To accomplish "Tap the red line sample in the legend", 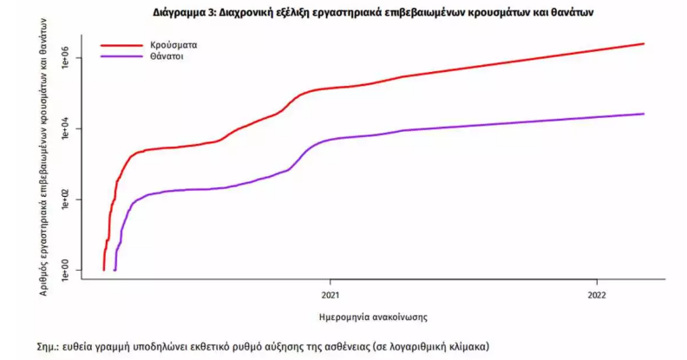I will tap(120, 43).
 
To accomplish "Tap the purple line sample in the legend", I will tap(120, 56).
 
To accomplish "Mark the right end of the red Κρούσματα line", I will tap(644, 43).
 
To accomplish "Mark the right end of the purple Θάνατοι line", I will tap(644, 114).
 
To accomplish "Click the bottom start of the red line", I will tap(103, 269).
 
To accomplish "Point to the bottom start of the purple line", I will tap(115, 269).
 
